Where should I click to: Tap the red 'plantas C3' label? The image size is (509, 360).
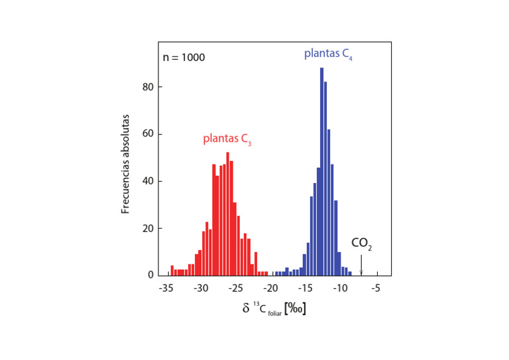coord(227,139)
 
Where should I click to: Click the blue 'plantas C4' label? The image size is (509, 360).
coord(329,54)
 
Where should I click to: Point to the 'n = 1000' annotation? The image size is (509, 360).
coord(184,57)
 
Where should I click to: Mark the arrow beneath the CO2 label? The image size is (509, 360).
coord(361,265)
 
